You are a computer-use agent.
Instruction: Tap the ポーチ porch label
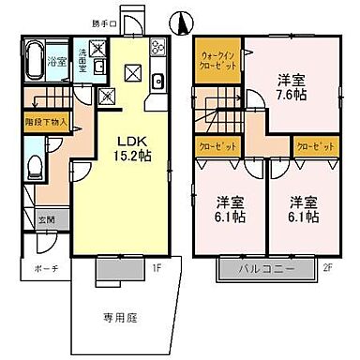[x=46, y=269]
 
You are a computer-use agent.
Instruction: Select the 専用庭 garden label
[x=119, y=319]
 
